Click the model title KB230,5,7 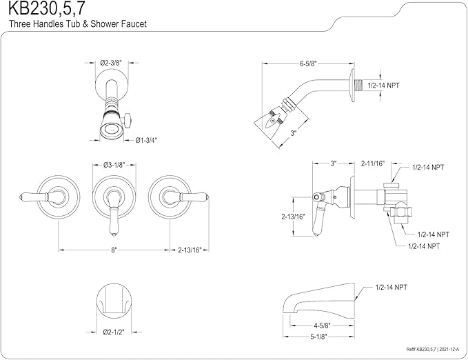(x=46, y=8)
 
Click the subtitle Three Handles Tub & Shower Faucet (x=78, y=23)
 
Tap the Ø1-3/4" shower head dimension (x=146, y=139)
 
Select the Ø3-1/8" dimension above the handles (x=114, y=165)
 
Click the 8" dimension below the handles (x=114, y=250)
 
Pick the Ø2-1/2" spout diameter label (x=114, y=332)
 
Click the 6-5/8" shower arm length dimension (x=308, y=63)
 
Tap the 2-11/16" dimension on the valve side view (x=373, y=163)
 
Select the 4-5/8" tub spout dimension (x=321, y=325)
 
